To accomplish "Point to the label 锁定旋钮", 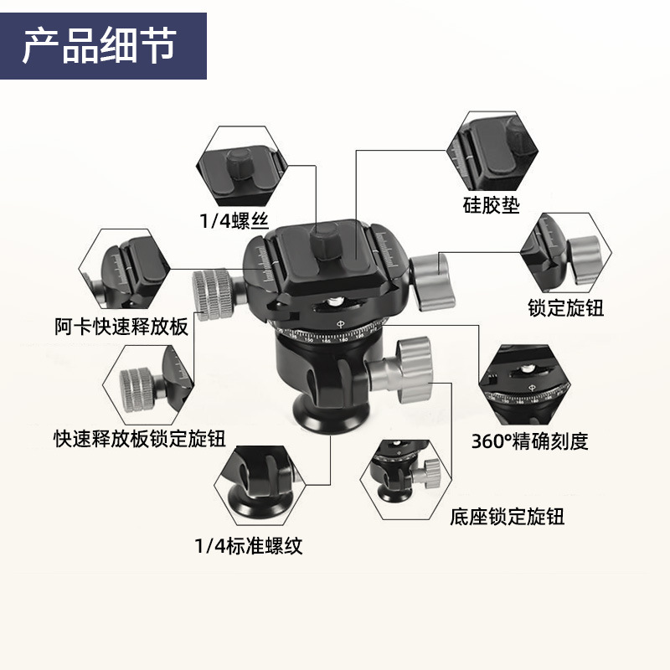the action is coord(565,307).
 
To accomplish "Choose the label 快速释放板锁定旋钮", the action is coord(139,436).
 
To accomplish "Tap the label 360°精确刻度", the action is coord(530,441).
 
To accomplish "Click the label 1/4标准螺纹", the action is coord(248,547).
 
